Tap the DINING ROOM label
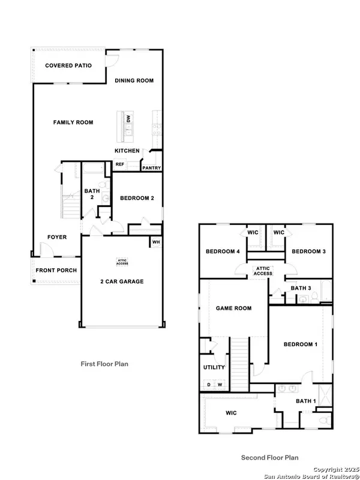coord(134,80)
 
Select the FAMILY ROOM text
coord(73,122)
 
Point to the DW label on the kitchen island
coord(128,119)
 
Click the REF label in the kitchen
coord(119,164)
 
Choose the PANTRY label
coord(151,168)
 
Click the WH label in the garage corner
coord(155,242)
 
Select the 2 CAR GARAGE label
coord(122,281)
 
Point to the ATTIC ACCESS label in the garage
coord(122,260)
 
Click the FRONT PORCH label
coord(56,270)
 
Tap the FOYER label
coord(57,237)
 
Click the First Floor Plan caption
coord(104,364)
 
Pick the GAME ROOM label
coord(233,308)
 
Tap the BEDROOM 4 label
coord(223,251)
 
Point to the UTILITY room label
coord(214,367)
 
